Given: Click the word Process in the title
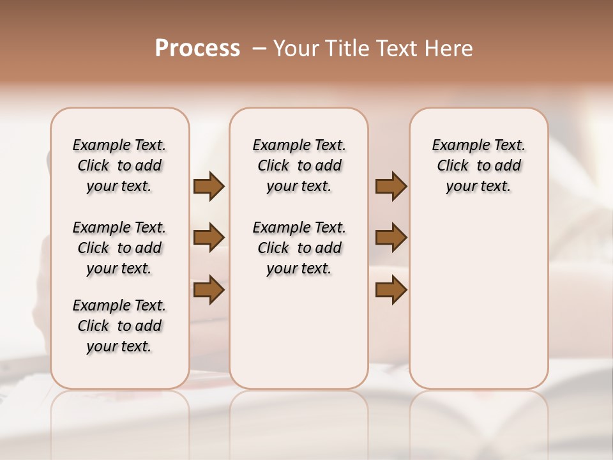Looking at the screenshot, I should pyautogui.click(x=197, y=49).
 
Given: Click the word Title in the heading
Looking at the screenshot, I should pyautogui.click(x=345, y=49).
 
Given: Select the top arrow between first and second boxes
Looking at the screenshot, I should pyautogui.click(x=209, y=186).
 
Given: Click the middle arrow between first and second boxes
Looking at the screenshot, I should pyautogui.click(x=209, y=238).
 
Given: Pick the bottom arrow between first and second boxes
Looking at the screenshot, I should pyautogui.click(x=209, y=290).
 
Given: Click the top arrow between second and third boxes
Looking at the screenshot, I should pyautogui.click(x=391, y=186).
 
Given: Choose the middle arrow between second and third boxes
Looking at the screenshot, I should pyautogui.click(x=391, y=238).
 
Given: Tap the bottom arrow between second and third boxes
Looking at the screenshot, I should pyautogui.click(x=391, y=290).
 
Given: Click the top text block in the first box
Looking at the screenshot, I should pyautogui.click(x=119, y=165).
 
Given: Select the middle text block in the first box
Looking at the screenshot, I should pyautogui.click(x=119, y=248).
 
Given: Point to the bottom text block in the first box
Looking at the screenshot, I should pyautogui.click(x=119, y=326).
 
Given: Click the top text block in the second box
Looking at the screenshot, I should pyautogui.click(x=299, y=165).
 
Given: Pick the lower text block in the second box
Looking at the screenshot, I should pyautogui.click(x=299, y=248).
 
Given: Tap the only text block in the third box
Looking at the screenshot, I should pyautogui.click(x=479, y=165).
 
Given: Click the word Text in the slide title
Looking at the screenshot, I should pyautogui.click(x=395, y=49).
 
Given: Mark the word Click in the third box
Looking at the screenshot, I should pyautogui.click(x=453, y=166).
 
